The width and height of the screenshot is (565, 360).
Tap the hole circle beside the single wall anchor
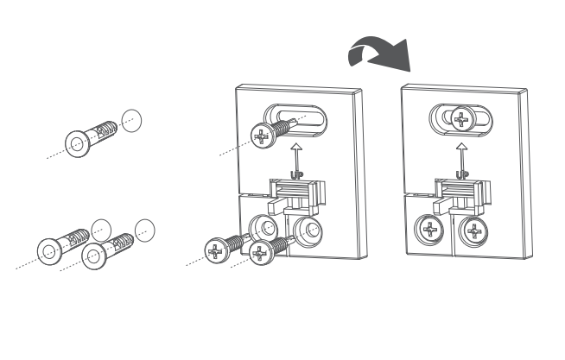131,121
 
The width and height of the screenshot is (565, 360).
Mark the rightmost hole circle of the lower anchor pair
145,231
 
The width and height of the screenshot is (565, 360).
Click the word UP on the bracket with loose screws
297,175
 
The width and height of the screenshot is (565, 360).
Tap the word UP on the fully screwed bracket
462,175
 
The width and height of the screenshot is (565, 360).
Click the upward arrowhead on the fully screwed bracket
461,146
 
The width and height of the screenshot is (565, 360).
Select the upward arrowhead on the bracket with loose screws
296,146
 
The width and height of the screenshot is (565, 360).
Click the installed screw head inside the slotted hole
461,118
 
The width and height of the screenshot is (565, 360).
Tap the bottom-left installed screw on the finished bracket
429,230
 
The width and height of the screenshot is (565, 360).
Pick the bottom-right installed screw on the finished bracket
473,231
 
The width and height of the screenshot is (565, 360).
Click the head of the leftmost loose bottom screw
216,251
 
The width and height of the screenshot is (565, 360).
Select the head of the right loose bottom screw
260,254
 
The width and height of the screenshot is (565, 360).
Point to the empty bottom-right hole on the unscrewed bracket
308,231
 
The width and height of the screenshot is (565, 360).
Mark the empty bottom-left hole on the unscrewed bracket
263,228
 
